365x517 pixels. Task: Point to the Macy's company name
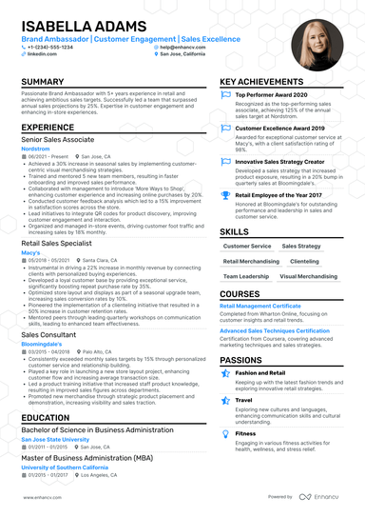[x=30, y=252]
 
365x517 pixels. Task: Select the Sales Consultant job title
[x=48, y=334]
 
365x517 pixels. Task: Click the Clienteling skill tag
[x=305, y=260]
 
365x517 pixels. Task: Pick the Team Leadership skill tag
[x=245, y=275]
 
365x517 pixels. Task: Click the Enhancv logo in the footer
[x=323, y=497]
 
